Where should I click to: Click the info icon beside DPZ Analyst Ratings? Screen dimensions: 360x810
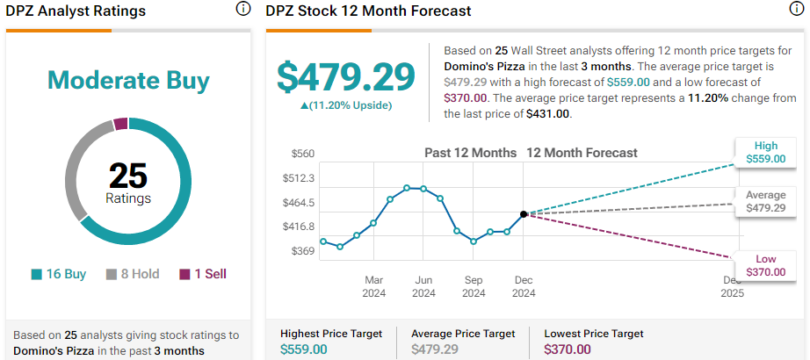[x=243, y=10]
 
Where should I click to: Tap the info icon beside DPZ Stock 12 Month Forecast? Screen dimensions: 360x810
[x=796, y=10]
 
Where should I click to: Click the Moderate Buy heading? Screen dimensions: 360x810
[x=128, y=81]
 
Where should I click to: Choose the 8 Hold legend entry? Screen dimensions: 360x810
[x=133, y=274]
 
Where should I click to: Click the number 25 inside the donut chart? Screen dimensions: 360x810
[x=128, y=176]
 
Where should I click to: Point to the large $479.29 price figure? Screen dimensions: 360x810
[x=346, y=77]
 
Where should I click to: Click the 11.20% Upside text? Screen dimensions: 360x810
[x=346, y=105]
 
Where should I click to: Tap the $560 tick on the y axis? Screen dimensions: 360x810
[x=302, y=154]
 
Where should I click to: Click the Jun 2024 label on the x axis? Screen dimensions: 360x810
[x=423, y=286]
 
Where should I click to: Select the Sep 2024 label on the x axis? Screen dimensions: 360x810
[x=474, y=286]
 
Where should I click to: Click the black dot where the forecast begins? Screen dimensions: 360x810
[x=524, y=213]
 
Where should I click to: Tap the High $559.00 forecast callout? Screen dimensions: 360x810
[x=761, y=153]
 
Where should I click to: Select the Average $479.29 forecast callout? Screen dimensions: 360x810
[x=761, y=201]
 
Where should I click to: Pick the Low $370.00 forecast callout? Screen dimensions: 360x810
[x=761, y=264]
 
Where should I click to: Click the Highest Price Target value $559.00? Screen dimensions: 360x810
[x=303, y=349]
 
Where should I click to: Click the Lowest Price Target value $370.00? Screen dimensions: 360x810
[x=568, y=349]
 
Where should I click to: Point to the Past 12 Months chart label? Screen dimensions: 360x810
[x=471, y=153]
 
